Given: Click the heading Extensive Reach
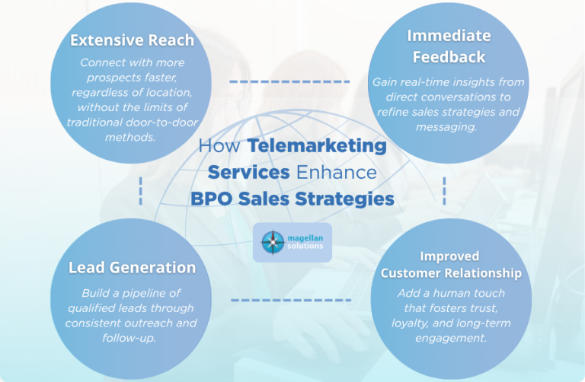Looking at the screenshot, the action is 132,40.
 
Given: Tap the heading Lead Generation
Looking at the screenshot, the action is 132,268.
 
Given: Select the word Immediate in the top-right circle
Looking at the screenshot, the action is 449,36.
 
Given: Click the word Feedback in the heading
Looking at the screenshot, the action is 449,57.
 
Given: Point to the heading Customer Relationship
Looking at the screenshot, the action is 451,273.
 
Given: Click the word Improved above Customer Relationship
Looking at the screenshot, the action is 449,256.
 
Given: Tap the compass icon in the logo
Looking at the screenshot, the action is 273,242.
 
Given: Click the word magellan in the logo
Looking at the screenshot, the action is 305,238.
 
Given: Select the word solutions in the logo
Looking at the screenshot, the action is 305,246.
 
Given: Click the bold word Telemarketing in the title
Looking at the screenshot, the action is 317,145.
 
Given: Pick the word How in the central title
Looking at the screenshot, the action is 219,145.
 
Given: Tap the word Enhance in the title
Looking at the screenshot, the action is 337,172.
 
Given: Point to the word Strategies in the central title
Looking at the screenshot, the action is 345,199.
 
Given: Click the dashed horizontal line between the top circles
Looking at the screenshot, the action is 289,81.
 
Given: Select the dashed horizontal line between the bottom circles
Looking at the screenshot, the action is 291,300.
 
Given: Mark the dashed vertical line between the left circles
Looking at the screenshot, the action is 141,191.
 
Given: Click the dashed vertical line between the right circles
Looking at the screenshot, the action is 444,191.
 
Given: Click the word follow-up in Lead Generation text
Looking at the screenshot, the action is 129,338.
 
